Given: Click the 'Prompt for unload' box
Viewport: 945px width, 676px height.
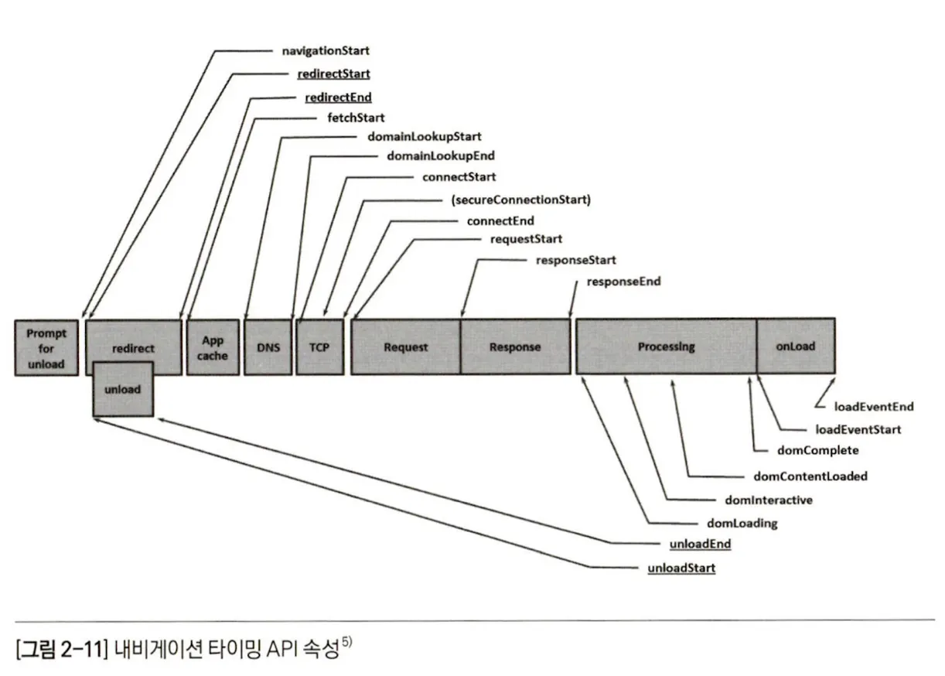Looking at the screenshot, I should pos(46,347).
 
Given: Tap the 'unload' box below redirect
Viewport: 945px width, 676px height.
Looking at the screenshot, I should pos(122,389).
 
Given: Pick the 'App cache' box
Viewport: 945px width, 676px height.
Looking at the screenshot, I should pos(213,347).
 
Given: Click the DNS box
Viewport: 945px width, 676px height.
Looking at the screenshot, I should pos(268,347).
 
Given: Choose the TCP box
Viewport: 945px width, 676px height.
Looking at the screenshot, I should pos(319,347).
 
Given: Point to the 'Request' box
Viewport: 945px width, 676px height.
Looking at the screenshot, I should pos(405,347).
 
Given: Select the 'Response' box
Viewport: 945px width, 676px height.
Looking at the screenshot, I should pos(515,347).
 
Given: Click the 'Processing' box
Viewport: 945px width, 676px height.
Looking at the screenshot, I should pos(666,347).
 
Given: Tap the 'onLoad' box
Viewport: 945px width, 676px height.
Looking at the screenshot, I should pos(796,347).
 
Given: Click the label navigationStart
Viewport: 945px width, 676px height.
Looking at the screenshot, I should pos(326,51).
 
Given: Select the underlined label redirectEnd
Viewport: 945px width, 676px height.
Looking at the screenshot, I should pos(339,97).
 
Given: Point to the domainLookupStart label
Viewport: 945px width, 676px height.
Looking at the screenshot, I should pos(425,137).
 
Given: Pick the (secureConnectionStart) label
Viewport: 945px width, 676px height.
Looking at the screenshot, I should pos(520,200).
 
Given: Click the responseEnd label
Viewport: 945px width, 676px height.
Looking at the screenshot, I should pos(623,282).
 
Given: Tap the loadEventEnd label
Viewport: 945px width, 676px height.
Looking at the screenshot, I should pos(874,406).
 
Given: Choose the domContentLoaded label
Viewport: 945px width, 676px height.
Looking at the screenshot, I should pos(810,476).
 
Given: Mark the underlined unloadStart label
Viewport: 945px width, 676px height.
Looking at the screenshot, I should pos(681,568).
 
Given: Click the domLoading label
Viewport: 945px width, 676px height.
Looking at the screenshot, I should pos(742,524).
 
